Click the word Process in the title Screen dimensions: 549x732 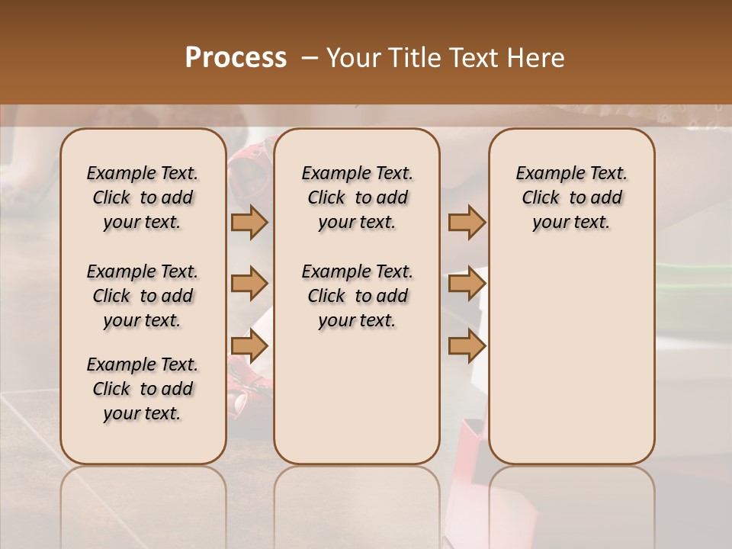click(x=236, y=57)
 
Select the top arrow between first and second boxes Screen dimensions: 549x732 click(x=249, y=222)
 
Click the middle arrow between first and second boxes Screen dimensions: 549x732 click(x=249, y=284)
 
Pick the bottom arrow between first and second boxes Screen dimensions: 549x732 click(x=249, y=346)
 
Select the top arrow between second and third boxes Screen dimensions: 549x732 click(x=467, y=222)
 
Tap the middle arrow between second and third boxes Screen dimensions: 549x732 click(x=467, y=284)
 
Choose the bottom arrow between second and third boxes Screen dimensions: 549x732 click(x=467, y=346)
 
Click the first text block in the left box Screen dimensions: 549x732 click(x=143, y=197)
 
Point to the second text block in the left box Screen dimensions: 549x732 click(x=143, y=296)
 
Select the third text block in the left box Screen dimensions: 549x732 click(x=143, y=389)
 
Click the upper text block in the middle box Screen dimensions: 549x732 click(x=358, y=197)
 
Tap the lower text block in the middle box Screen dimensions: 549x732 click(x=358, y=296)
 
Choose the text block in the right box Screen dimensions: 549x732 click(x=572, y=197)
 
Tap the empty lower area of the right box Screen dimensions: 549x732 click(x=572, y=358)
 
